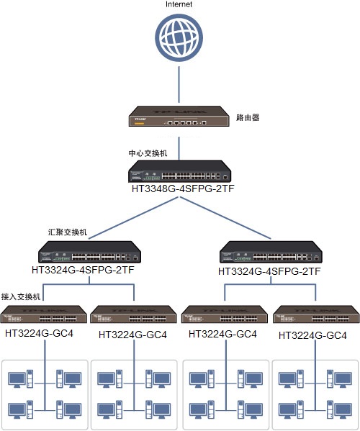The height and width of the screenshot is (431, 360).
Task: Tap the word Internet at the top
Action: pos(179,5)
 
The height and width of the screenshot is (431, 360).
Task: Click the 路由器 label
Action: pos(248,116)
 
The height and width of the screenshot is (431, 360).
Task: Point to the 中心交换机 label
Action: pos(148,153)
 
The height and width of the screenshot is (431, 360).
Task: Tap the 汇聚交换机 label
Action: pos(67,232)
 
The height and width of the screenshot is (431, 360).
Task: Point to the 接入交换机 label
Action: pos(22,296)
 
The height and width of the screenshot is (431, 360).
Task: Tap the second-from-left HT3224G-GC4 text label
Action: pos(132,335)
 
